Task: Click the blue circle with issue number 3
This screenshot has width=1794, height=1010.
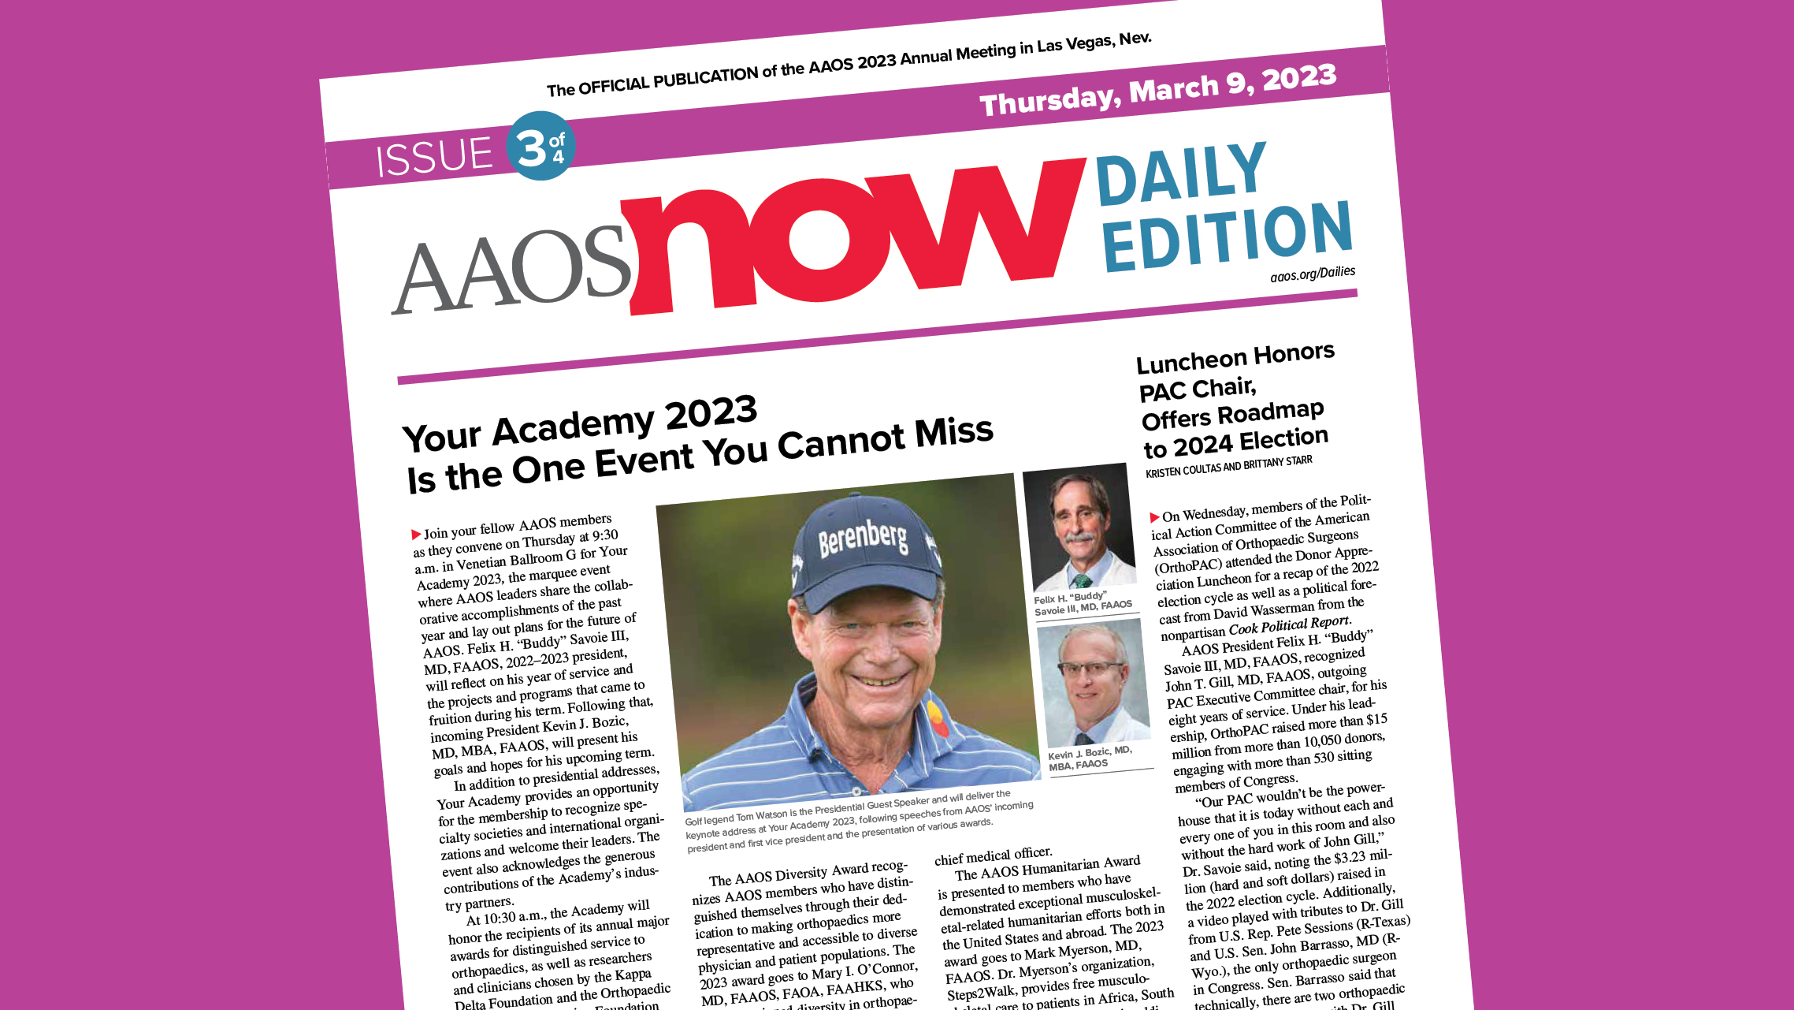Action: (x=540, y=146)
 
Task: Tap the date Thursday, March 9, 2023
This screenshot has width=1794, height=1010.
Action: (x=1157, y=91)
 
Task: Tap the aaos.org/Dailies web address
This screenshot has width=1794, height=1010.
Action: (x=1313, y=274)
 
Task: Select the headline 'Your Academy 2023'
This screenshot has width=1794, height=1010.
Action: (x=580, y=426)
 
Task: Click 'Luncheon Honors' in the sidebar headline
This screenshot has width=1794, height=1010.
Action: (x=1235, y=359)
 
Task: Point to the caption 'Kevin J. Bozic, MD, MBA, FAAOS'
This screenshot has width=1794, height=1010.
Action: (x=1090, y=758)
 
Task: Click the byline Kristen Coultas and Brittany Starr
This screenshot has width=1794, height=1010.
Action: (x=1228, y=467)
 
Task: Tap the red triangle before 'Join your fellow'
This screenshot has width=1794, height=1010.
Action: (x=416, y=535)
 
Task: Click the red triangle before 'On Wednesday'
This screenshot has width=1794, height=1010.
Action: (x=1154, y=517)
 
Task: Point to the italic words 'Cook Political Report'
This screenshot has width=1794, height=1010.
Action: (x=1290, y=624)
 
